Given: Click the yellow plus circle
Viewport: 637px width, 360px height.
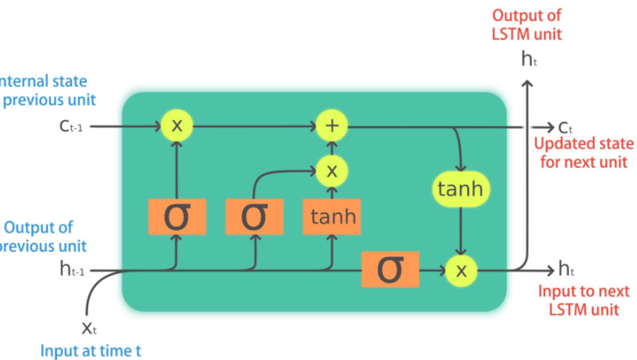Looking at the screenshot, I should point(331,125).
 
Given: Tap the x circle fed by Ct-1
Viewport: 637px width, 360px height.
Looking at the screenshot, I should point(177,125).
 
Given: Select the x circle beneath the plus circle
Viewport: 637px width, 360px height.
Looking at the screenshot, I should point(331,171).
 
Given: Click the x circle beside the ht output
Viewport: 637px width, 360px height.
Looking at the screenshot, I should point(461,271).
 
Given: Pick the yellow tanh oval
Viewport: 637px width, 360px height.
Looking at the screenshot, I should point(461,189).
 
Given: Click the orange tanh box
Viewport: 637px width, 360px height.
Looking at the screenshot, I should point(331,217).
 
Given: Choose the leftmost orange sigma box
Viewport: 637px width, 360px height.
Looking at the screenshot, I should point(177,217).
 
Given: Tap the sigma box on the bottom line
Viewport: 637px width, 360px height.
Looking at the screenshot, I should point(390,269).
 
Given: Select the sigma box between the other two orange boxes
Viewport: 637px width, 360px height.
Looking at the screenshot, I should point(254,217).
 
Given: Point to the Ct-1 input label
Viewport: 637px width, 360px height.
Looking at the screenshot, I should point(71,126).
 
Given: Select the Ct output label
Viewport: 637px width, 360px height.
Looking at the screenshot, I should point(565,128).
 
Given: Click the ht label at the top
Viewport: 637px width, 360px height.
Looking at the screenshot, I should point(529,59).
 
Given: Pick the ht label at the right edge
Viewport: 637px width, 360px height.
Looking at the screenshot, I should point(566,269).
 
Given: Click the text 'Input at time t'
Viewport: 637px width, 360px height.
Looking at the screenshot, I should point(91,351).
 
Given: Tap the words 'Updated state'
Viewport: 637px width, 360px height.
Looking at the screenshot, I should point(584,144).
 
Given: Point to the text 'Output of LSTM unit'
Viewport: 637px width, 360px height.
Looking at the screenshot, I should point(526,25).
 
